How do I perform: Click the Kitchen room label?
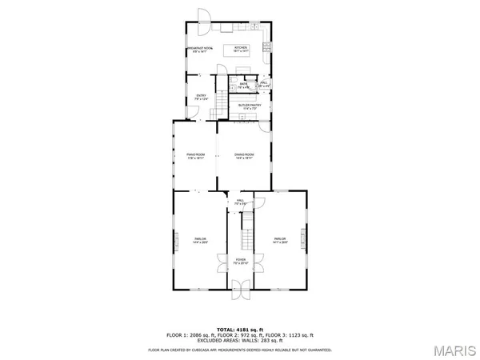click(x=240, y=49)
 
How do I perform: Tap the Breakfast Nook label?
click(x=199, y=50)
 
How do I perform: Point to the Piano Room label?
click(x=196, y=156)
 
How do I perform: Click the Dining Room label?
click(x=244, y=156)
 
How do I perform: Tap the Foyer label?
click(x=240, y=261)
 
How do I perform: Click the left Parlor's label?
click(x=200, y=240)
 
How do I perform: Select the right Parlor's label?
click(x=279, y=240)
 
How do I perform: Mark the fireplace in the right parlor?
click(x=305, y=241)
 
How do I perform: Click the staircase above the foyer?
click(x=247, y=232)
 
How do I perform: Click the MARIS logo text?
click(x=452, y=349)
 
